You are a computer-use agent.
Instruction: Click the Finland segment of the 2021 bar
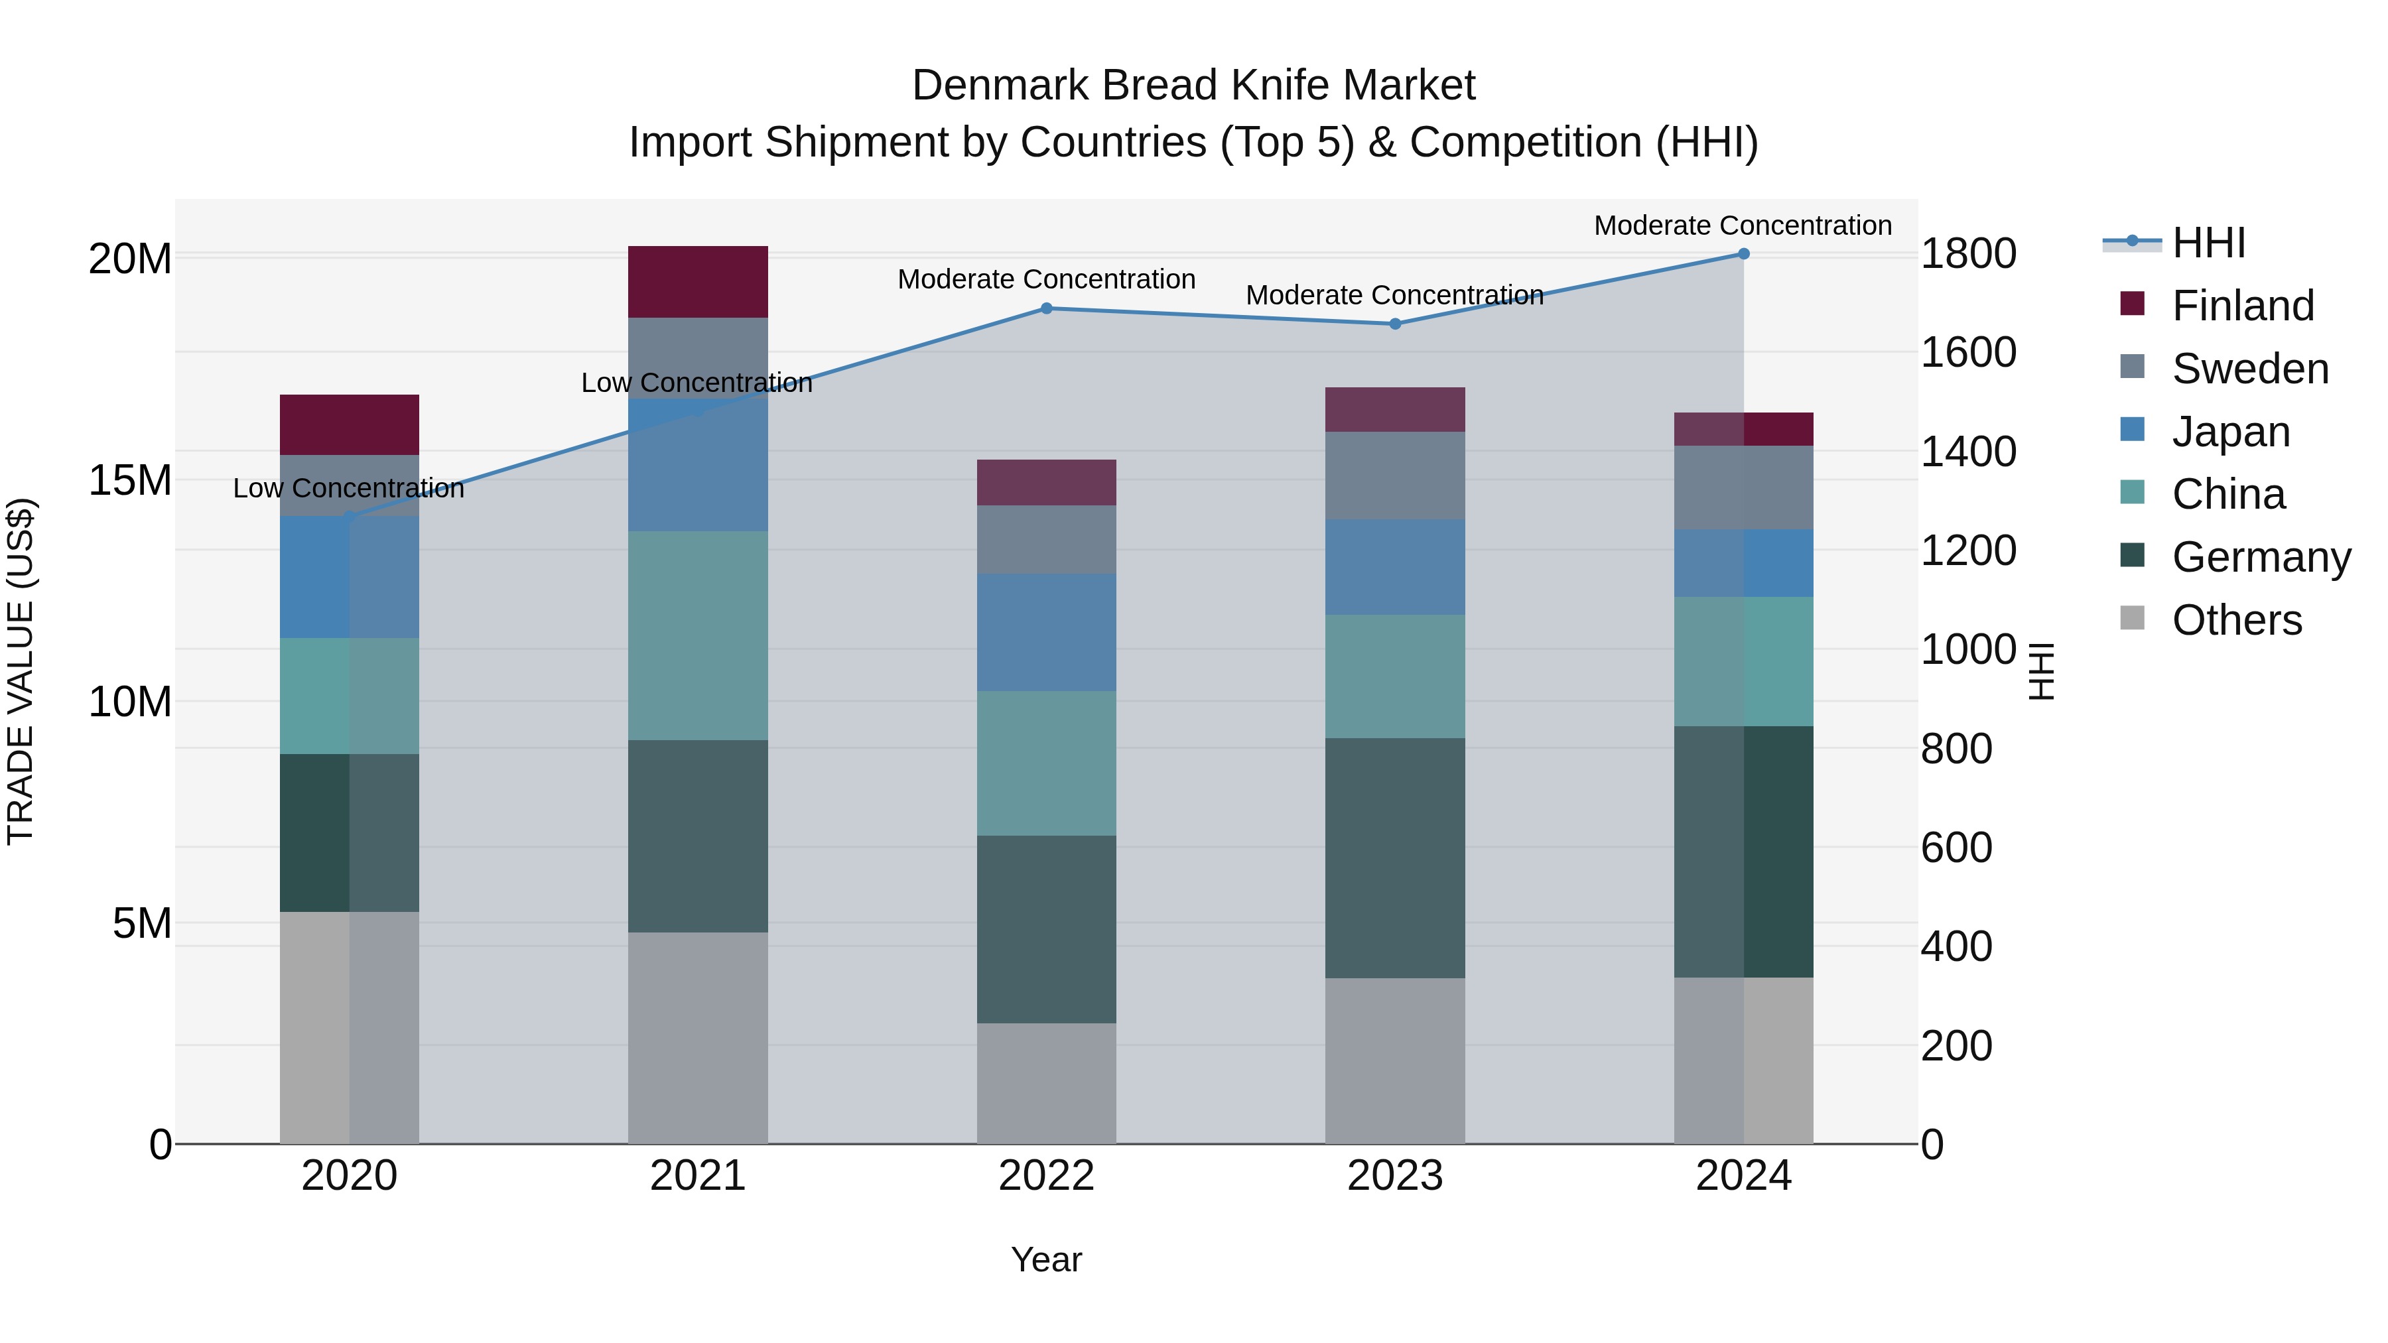click(697, 282)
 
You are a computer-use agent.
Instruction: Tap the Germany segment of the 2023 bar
click(1394, 858)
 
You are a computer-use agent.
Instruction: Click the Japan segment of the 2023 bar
click(1394, 566)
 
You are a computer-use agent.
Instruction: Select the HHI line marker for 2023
click(1394, 324)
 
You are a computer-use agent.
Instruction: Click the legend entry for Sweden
click(2250, 369)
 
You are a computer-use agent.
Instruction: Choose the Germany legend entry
click(2261, 557)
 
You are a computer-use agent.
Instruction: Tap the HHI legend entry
click(2208, 243)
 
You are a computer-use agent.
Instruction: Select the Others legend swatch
click(2132, 618)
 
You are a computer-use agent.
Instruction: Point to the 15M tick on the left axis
click(130, 480)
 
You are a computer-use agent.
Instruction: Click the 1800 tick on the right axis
click(1967, 254)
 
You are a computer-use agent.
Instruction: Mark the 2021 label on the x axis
click(697, 1176)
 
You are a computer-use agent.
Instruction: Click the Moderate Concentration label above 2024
click(1742, 225)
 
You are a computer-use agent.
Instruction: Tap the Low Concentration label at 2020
click(348, 487)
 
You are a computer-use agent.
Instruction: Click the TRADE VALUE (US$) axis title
click(21, 671)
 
